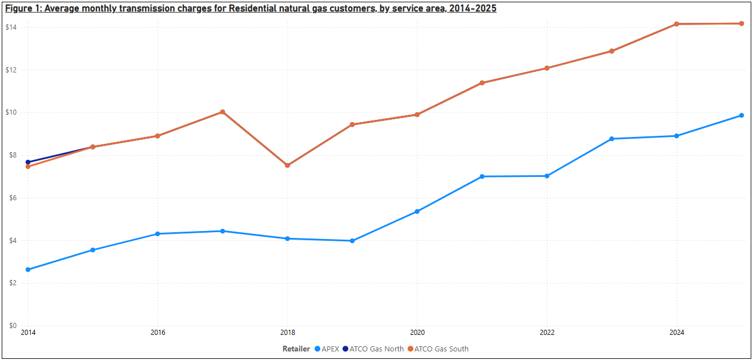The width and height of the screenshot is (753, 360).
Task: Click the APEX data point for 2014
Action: [28, 269]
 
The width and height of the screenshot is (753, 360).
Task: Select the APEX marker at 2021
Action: [482, 176]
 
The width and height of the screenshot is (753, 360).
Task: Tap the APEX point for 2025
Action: [741, 115]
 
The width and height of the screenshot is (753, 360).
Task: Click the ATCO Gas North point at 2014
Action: [28, 162]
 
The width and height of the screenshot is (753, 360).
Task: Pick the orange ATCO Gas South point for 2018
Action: [287, 165]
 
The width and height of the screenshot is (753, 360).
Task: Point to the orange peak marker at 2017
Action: [223, 112]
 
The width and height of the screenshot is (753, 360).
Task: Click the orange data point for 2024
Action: [677, 24]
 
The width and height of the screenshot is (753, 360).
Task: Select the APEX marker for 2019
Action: [352, 241]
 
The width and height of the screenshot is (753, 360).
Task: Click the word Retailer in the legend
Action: [296, 349]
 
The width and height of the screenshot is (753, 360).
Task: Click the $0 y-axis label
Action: [12, 326]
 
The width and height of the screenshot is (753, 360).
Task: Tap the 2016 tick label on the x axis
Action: [158, 332]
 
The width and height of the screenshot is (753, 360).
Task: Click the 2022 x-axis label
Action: [547, 332]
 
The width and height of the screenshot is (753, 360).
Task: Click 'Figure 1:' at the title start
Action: [22, 9]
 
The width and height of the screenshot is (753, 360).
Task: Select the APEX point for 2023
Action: [611, 139]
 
